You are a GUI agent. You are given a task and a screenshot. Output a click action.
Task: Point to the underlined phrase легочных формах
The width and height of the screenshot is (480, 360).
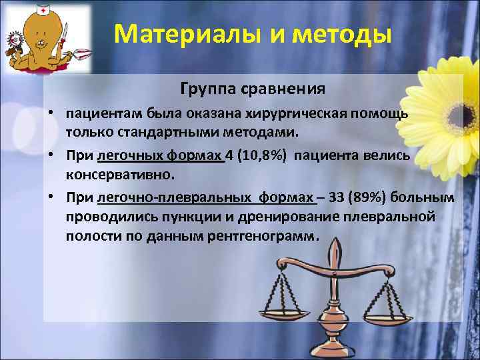[160, 156]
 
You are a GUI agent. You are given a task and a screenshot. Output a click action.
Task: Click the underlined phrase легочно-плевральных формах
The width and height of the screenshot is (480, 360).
[205, 198]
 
